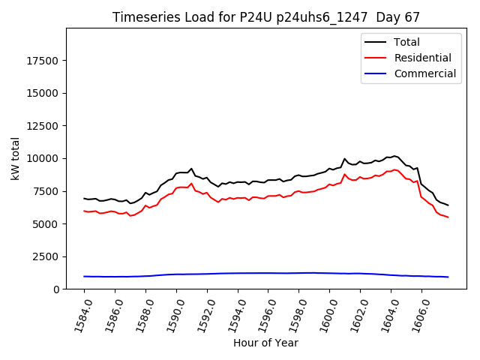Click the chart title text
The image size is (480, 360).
pos(266,17)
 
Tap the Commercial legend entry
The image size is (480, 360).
pos(424,73)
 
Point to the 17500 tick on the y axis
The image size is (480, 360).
pos(43,61)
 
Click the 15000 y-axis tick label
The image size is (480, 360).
pos(43,94)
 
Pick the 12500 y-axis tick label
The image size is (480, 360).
pos(43,126)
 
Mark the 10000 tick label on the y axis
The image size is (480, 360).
pos(43,159)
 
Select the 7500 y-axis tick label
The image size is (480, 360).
pos(46,191)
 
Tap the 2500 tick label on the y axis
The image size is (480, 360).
pos(46,256)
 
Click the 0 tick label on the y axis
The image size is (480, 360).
pos(56,289)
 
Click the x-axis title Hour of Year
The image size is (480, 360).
pos(265,343)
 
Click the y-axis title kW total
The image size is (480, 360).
pos(15,159)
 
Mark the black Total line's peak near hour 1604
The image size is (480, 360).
pos(394,156)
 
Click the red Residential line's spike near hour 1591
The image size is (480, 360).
pos(191,183)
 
